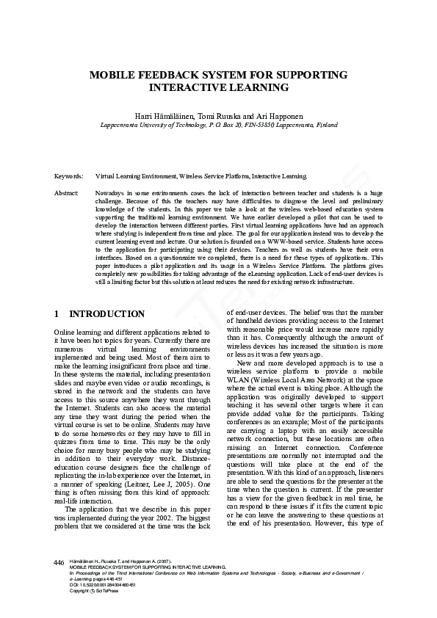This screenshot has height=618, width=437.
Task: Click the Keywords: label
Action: (68, 177)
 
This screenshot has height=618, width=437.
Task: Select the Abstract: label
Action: (67, 192)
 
